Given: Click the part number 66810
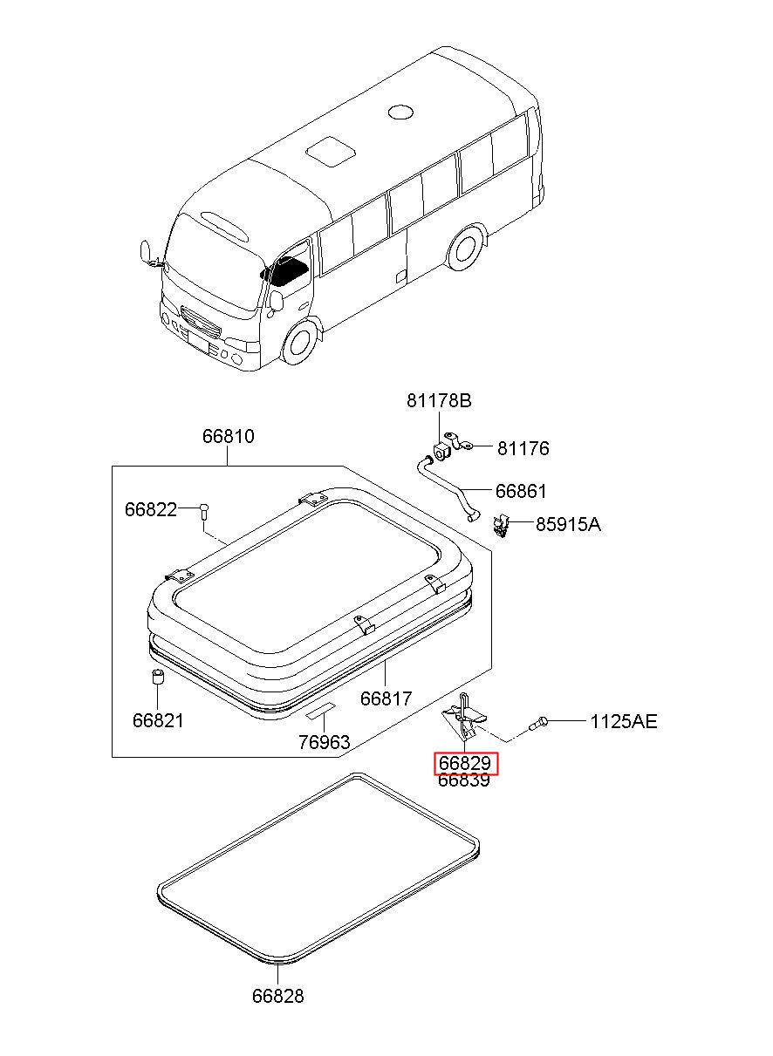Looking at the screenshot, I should click(x=229, y=436).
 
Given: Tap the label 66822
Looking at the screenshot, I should click(x=150, y=509).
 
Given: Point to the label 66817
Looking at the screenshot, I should click(x=386, y=698).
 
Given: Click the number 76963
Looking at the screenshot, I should click(x=324, y=742).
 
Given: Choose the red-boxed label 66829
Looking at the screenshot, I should click(x=466, y=764).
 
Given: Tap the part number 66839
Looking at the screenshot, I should click(x=464, y=780).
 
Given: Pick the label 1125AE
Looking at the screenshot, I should click(x=623, y=721).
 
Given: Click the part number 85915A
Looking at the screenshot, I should click(x=568, y=524).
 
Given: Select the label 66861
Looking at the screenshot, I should click(x=521, y=491).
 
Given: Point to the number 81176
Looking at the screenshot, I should click(x=523, y=448).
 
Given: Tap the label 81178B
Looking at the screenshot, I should click(x=439, y=401).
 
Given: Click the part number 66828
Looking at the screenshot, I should click(x=278, y=995).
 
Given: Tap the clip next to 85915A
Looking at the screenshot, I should click(x=501, y=525).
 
